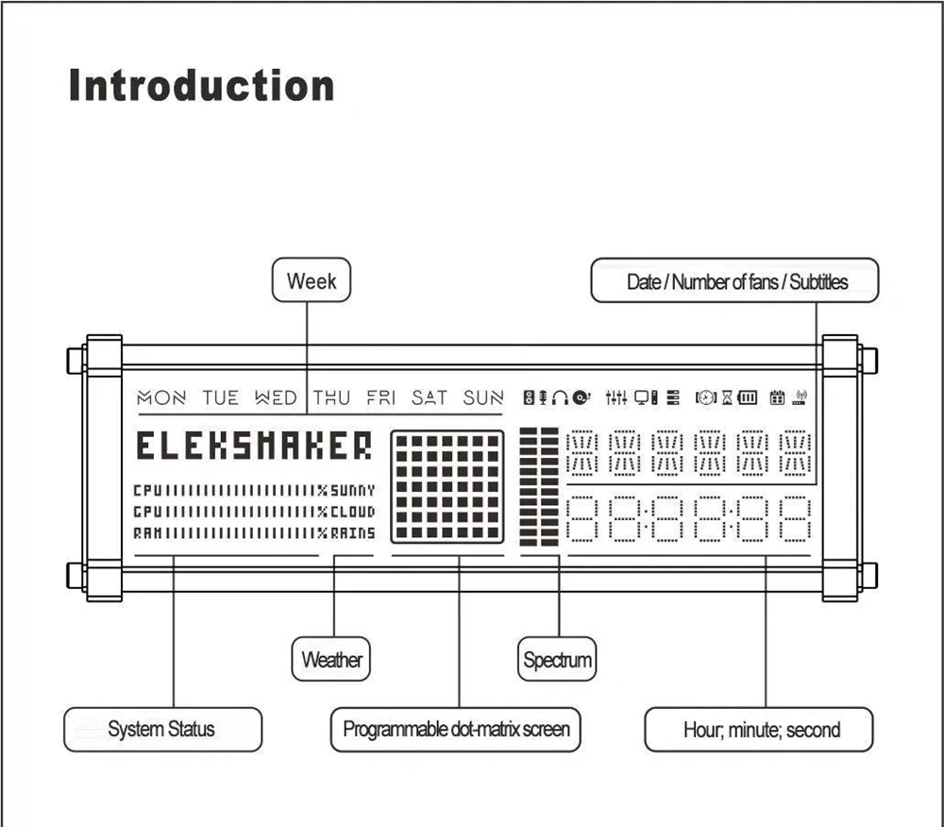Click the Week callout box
pos(311,280)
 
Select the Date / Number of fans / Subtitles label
pos(735,280)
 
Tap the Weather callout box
pos(330,659)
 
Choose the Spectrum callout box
pos(557,659)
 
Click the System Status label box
pos(161,729)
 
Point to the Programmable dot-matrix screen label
pos(455,729)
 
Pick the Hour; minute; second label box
pos(759,730)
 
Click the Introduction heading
pos(201,86)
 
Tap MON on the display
pos(161,398)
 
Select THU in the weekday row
pos(331,398)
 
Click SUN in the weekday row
pos(483,398)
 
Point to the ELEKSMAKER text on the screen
pos(254,446)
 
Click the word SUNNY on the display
pos(353,491)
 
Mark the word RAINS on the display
pos(353,533)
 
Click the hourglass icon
pos(727,398)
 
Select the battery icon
pos(748,398)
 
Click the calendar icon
pos(777,398)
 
